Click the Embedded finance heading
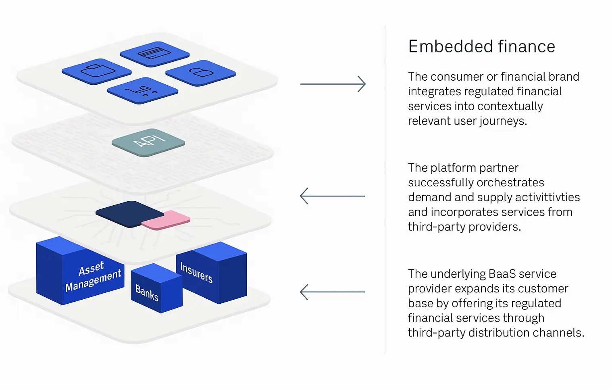pyautogui.click(x=481, y=46)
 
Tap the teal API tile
pyautogui.click(x=148, y=142)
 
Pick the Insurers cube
pyautogui.click(x=212, y=273)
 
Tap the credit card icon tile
pyautogui.click(x=154, y=54)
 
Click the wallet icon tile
pyautogui.click(x=97, y=71)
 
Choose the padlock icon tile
pyautogui.click(x=200, y=73)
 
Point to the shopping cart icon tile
pyautogui.click(x=142, y=90)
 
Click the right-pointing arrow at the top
pyautogui.click(x=333, y=84)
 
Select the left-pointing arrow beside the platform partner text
pyautogui.click(x=333, y=196)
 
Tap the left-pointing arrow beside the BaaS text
pyautogui.click(x=333, y=292)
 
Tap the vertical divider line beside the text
pyautogui.click(x=385, y=190)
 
